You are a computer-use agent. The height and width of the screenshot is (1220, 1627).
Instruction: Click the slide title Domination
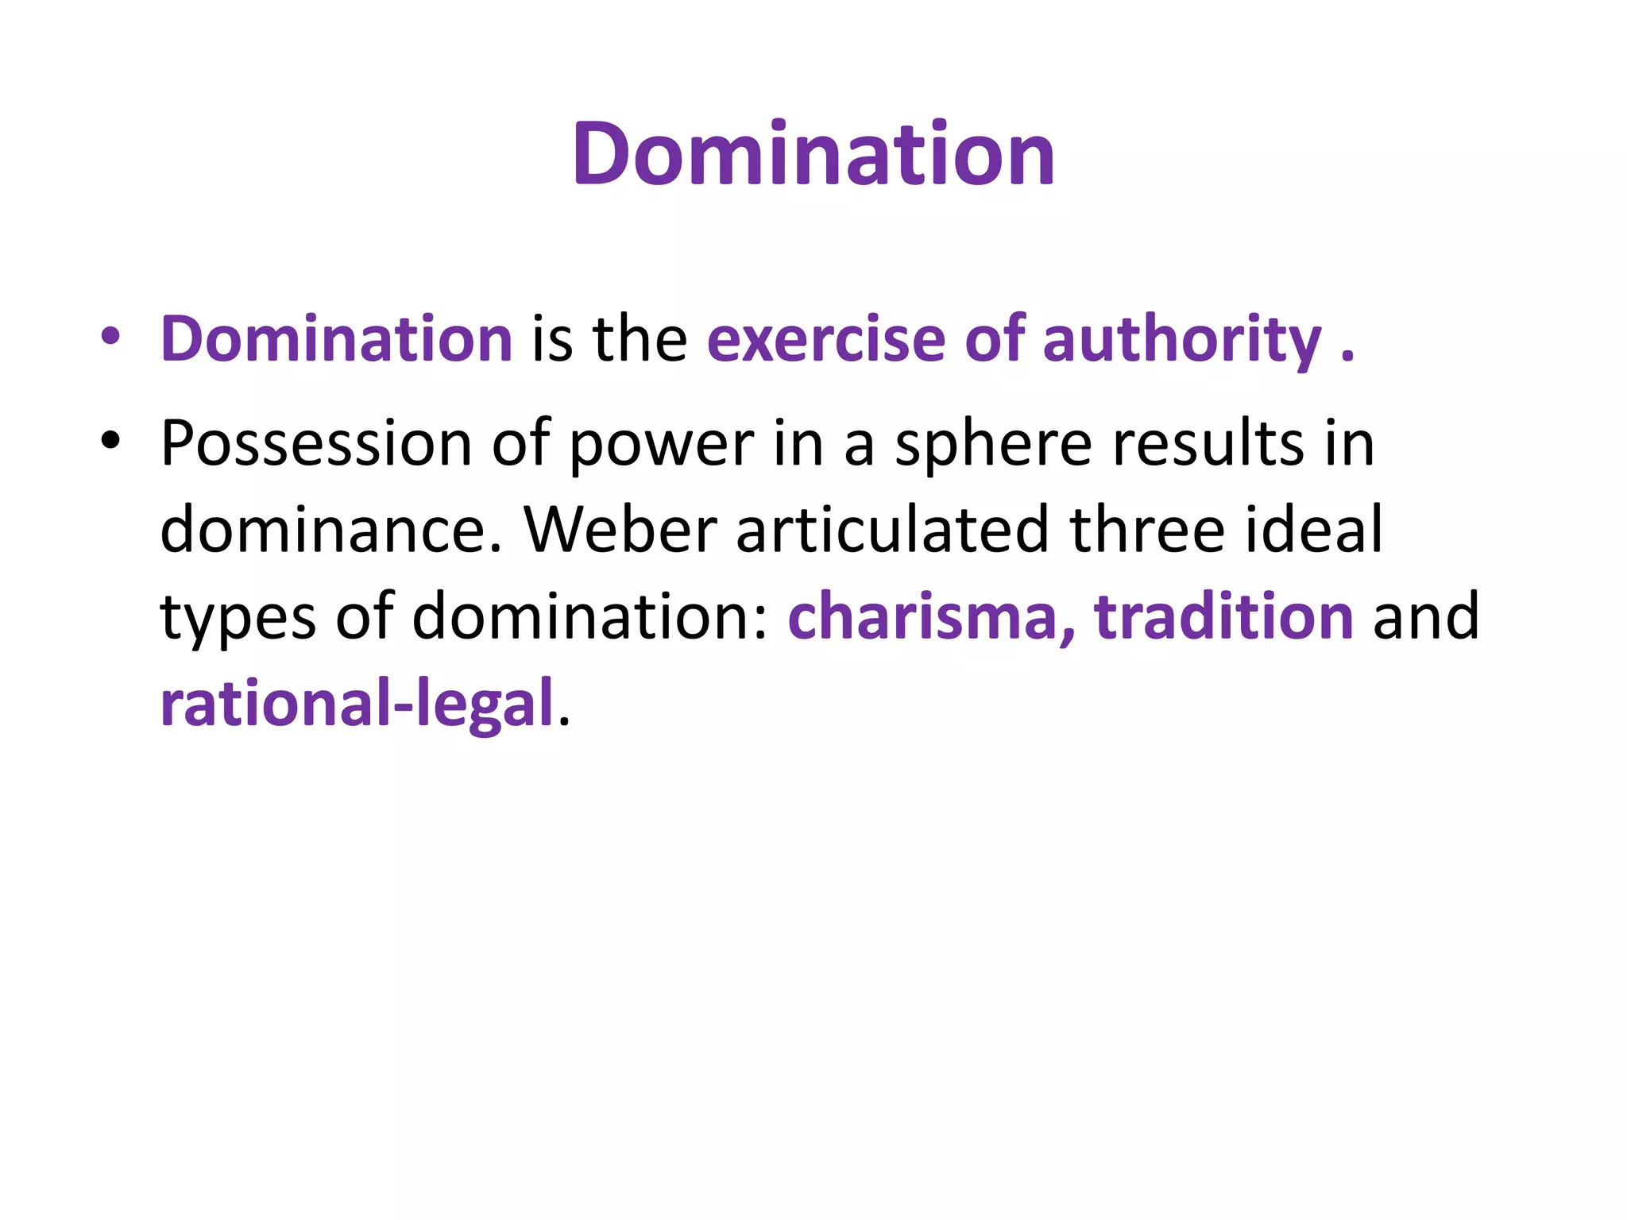coord(813,154)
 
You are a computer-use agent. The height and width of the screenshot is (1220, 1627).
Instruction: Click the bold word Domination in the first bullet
coord(336,339)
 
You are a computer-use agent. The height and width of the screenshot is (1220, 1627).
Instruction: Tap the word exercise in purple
coord(826,339)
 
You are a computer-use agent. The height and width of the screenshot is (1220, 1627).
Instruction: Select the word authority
coord(1182,339)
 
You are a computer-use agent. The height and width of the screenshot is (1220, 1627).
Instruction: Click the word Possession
coord(316,443)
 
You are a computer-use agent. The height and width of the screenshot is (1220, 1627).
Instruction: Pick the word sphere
coord(993,443)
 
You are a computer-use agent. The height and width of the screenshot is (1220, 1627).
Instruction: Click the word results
coord(1208,443)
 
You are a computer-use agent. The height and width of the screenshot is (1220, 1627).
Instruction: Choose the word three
coord(1147,530)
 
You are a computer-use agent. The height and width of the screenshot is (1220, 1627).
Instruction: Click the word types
coord(238,618)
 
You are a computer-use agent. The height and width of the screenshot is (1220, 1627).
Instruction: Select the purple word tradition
coord(1223,616)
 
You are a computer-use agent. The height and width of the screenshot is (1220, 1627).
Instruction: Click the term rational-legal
coord(357,704)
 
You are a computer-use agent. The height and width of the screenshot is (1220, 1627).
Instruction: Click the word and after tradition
coord(1426,616)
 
